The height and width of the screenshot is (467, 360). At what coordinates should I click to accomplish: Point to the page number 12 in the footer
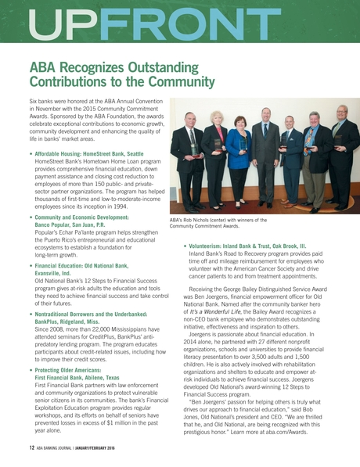[32, 448]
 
